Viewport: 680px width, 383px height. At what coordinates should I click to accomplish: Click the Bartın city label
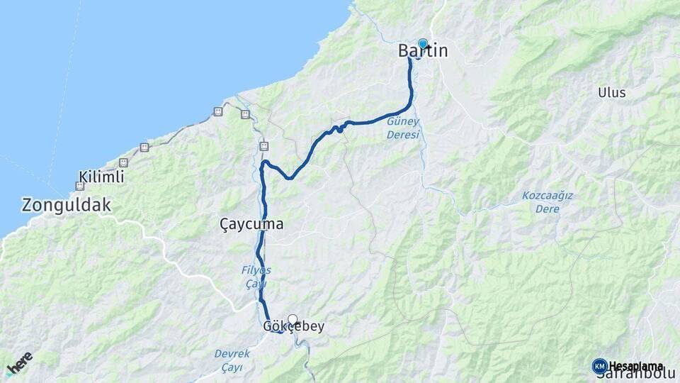[423, 51]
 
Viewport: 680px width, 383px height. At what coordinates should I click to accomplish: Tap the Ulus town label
[611, 92]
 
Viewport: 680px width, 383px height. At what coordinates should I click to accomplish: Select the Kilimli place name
[101, 177]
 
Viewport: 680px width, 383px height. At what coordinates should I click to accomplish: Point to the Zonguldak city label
[67, 206]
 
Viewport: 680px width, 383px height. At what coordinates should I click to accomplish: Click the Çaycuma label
[251, 224]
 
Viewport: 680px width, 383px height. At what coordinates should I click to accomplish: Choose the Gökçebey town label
[293, 327]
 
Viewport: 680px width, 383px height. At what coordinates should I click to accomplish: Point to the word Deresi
[403, 135]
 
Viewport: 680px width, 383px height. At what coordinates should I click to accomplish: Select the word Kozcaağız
[548, 196]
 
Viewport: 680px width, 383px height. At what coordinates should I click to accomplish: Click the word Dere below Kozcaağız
[548, 209]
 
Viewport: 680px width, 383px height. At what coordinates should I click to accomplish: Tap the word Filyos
[255, 270]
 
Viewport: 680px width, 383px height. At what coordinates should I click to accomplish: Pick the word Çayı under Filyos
[255, 283]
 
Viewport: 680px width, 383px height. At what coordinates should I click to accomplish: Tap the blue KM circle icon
[599, 366]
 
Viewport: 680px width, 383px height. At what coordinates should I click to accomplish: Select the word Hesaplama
[636, 366]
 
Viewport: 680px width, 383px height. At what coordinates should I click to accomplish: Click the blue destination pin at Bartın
[423, 44]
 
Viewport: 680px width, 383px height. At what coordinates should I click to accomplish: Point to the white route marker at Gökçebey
[292, 320]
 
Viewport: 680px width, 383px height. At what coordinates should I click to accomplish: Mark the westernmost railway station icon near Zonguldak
[79, 187]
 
